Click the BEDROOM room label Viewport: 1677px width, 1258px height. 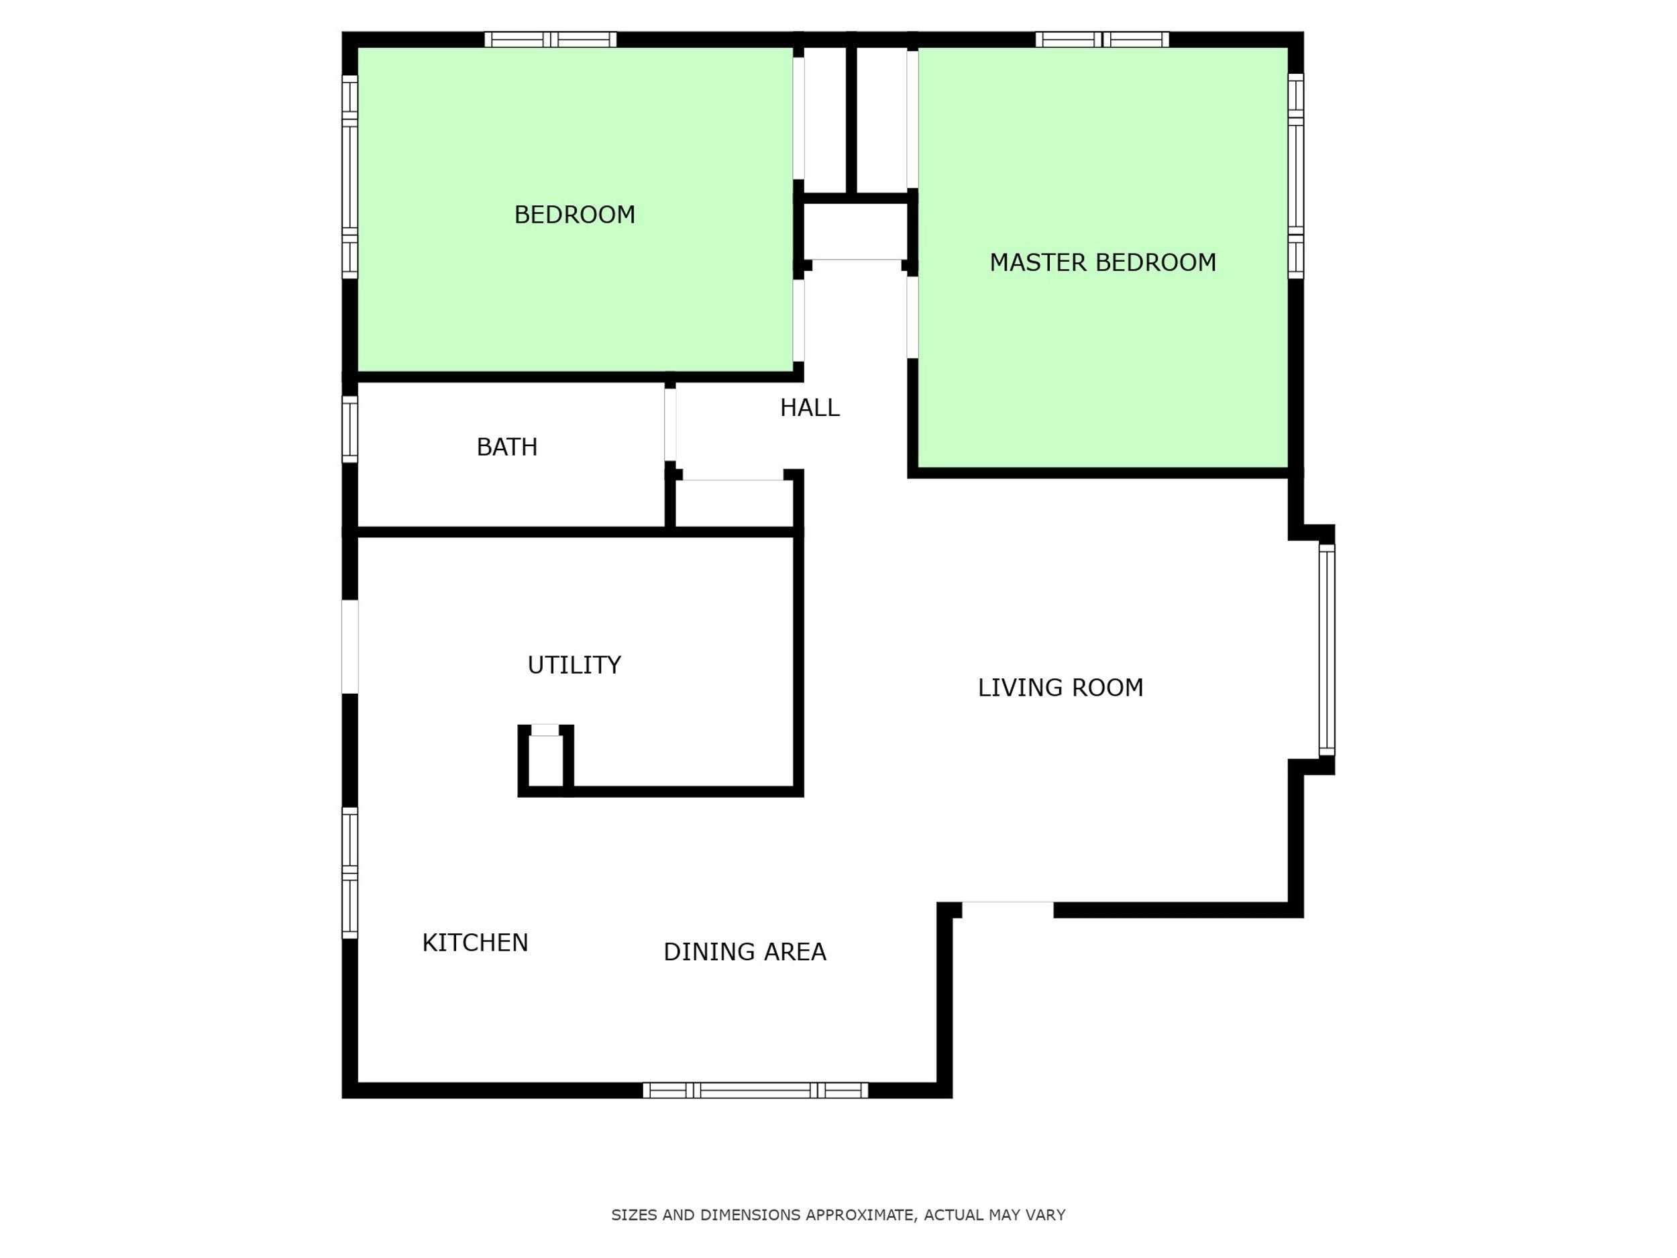click(x=575, y=215)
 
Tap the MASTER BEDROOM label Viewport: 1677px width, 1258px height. click(x=1102, y=262)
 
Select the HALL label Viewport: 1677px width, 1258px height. click(x=810, y=408)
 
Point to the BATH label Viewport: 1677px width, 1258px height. click(x=506, y=448)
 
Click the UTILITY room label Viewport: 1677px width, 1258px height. click(x=574, y=665)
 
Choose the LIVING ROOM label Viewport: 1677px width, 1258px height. click(x=1060, y=688)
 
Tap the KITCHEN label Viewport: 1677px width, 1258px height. click(x=475, y=943)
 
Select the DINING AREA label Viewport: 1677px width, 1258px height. click(x=745, y=951)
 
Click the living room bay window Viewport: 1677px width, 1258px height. click(x=1327, y=650)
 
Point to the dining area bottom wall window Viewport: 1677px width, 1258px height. click(x=755, y=1090)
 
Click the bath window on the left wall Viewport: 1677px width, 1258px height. click(x=349, y=429)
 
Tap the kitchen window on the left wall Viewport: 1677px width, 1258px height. click(x=349, y=873)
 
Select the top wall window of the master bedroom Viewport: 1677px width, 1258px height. click(x=1102, y=40)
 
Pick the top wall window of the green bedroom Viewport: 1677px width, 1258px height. click(x=551, y=40)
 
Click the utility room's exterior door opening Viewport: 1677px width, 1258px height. click(x=349, y=647)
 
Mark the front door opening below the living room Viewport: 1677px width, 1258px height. click(x=1008, y=910)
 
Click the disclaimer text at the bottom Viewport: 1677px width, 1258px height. click(x=838, y=1215)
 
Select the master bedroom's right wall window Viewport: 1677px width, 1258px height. click(x=1296, y=176)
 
